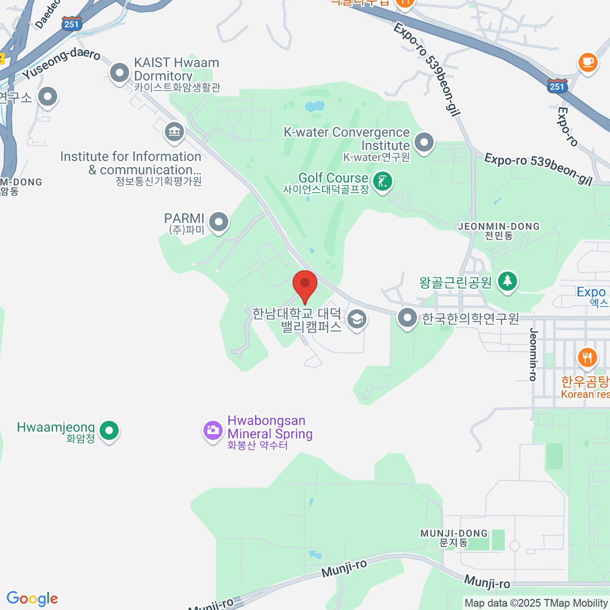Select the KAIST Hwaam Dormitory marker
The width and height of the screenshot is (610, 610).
point(120,73)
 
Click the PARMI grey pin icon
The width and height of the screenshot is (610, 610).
point(219,222)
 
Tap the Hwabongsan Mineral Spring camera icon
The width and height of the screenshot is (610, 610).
point(212,431)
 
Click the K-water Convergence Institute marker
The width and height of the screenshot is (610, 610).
point(424,143)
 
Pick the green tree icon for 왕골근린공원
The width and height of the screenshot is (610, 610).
point(507,281)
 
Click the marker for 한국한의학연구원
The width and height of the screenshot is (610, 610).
point(407,318)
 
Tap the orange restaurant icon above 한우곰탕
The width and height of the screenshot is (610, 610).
point(587,357)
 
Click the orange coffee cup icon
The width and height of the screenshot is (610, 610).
point(588,63)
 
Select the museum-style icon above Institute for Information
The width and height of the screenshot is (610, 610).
point(174,132)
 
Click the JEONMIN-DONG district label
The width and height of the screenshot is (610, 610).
point(499,227)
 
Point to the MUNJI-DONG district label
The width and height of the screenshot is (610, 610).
point(454,534)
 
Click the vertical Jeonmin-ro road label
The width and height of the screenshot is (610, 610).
point(533,354)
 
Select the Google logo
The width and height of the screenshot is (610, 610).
point(32,599)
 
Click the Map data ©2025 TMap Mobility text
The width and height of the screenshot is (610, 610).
point(536,603)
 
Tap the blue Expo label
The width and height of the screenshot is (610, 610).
point(591,292)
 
